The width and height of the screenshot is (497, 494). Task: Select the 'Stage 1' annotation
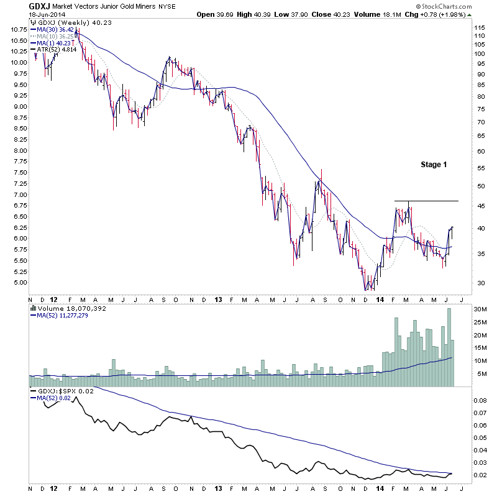[434, 165]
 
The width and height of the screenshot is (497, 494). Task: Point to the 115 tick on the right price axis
[479, 28]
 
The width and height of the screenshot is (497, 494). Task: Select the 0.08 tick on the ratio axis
[480, 402]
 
